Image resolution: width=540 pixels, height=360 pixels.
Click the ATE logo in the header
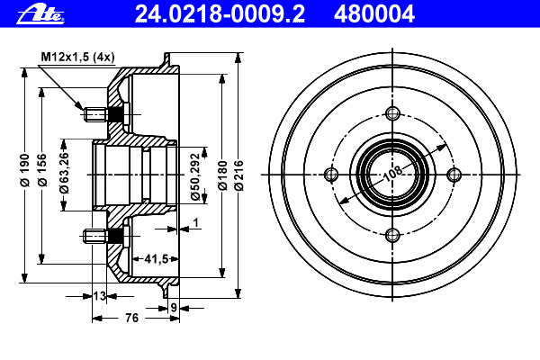pos(40,14)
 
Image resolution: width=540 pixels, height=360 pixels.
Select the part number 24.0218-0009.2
pos(220,14)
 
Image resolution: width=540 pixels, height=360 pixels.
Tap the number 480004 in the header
pos(374,14)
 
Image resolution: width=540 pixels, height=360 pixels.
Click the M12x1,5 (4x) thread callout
pos(77,57)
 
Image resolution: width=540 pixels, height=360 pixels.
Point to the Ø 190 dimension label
pos(25,170)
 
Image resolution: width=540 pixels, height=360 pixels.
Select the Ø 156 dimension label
pos(42,170)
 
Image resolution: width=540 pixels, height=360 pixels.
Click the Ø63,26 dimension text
pos(64,172)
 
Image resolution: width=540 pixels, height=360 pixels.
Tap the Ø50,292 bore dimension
pos(195,176)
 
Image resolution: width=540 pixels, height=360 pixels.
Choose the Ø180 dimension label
pos(223,175)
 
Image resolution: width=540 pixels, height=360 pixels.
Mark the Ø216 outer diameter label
pos(238,175)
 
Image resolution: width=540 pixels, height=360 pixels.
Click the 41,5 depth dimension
pos(156,258)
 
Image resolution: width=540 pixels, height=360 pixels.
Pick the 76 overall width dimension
pos(131,318)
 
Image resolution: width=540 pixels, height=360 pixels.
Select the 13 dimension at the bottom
pos(100,296)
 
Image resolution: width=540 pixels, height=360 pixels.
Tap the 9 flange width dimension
pos(174,307)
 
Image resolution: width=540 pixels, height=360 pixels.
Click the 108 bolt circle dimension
pos(393,174)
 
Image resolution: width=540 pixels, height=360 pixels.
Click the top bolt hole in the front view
pos(392,113)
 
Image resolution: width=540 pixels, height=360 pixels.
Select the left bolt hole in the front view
pos(331,175)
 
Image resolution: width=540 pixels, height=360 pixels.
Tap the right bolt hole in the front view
pos(454,175)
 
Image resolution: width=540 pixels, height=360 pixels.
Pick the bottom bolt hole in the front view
pos(392,236)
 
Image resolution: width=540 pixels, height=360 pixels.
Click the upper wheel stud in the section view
pos(103,114)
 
